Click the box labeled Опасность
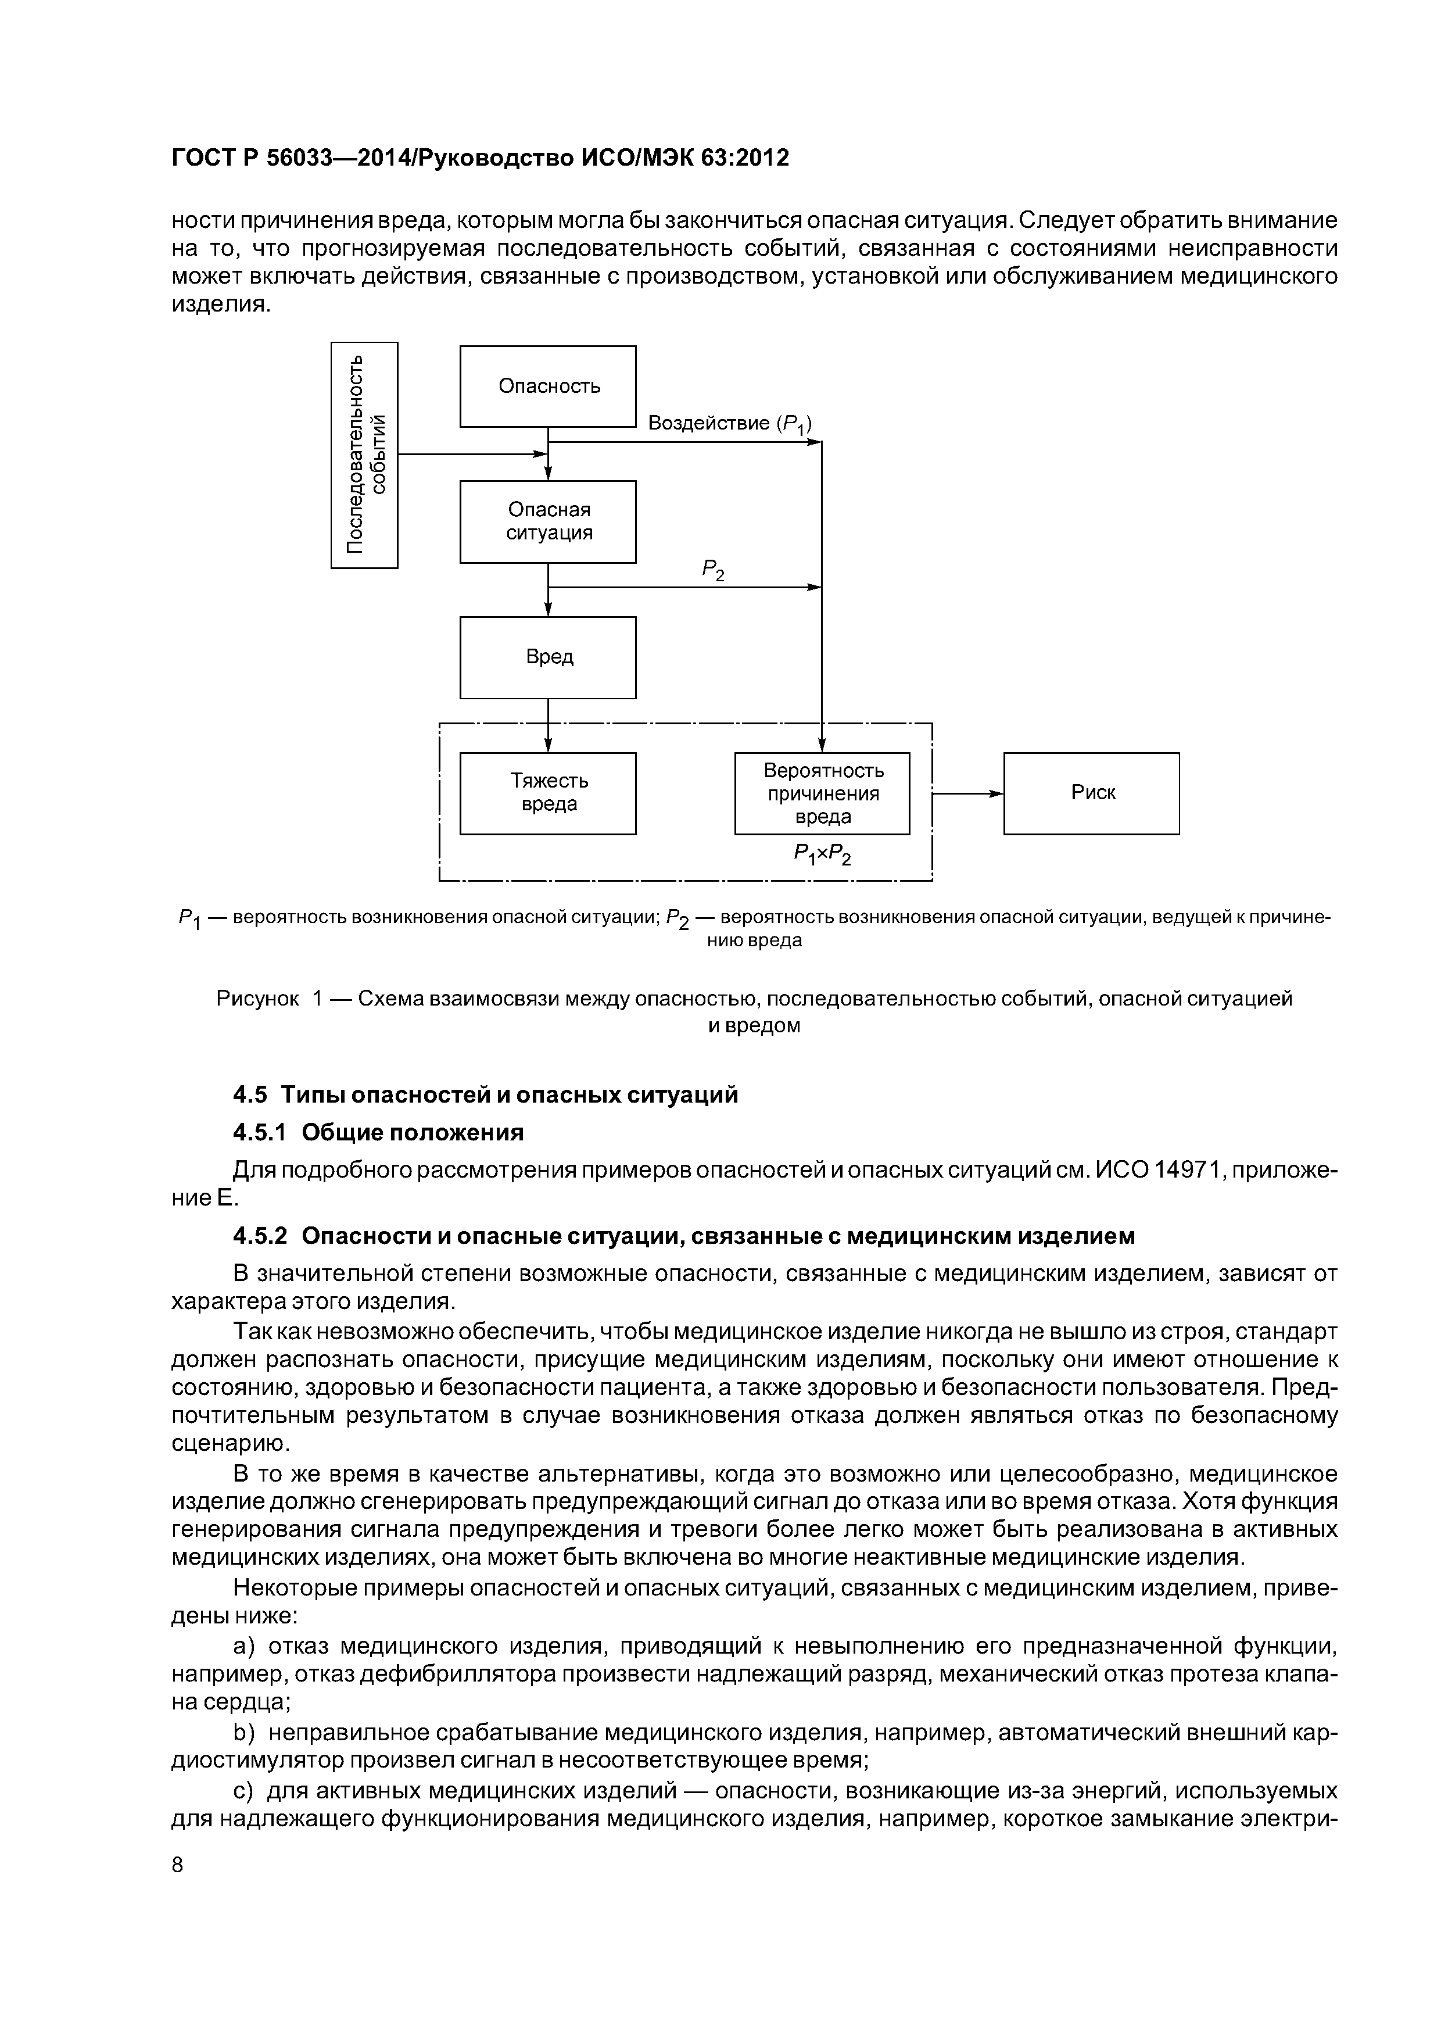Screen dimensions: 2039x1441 point(548,387)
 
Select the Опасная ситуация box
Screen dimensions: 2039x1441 point(548,521)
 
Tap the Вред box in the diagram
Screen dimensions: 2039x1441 point(548,657)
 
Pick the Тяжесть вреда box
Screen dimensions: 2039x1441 point(548,793)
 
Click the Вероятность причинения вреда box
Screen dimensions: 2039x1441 point(822,793)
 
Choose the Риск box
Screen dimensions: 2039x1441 point(1091,793)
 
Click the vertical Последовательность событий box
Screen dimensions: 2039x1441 point(364,455)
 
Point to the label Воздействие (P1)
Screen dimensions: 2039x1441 point(730,424)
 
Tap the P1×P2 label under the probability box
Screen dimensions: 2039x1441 point(822,854)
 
